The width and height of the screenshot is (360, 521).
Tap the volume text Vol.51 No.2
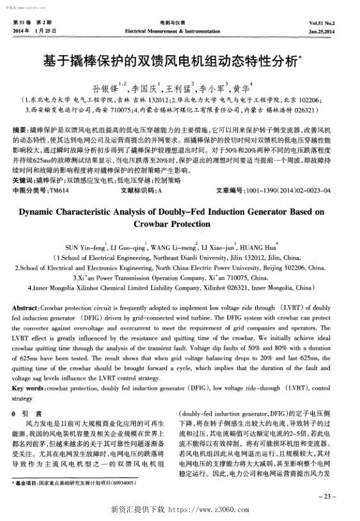[328, 22]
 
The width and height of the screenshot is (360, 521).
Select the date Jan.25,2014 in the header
[329, 30]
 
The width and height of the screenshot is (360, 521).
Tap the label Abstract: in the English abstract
[27, 308]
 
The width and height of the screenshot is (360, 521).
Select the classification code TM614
[59, 190]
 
